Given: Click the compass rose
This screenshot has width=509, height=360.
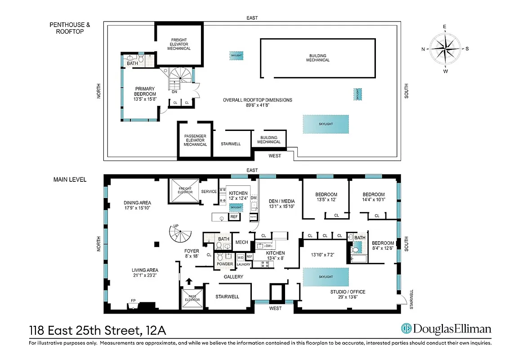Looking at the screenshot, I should pyautogui.click(x=445, y=49).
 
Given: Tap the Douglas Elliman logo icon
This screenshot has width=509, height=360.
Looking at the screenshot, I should pyautogui.click(x=407, y=329).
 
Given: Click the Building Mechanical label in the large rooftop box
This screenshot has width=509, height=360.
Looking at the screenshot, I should pyautogui.click(x=317, y=58).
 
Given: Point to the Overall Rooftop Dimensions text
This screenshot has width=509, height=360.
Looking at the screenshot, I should pyautogui.click(x=257, y=103).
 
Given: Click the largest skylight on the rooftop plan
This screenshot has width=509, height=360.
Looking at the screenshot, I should pyautogui.click(x=326, y=124).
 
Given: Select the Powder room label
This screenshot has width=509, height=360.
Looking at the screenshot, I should pyautogui.click(x=225, y=264).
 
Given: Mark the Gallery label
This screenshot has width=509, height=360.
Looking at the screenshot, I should pyautogui.click(x=233, y=277).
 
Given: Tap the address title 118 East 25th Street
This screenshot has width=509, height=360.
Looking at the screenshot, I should pyautogui.click(x=97, y=331).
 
